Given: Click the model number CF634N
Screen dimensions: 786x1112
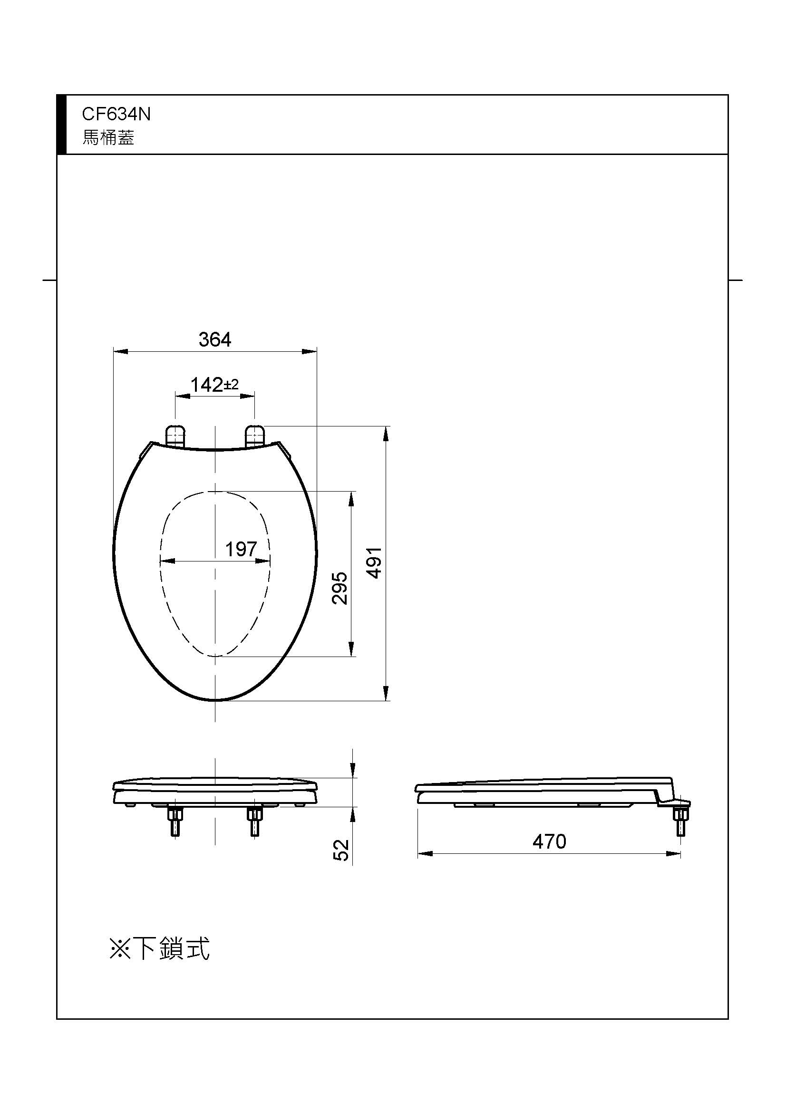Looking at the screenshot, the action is [x=116, y=114].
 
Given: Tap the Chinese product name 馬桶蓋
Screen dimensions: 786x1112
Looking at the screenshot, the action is [x=108, y=138].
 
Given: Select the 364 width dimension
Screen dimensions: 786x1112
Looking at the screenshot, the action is [x=215, y=339].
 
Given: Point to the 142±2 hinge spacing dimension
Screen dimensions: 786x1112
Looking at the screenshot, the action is [x=214, y=385].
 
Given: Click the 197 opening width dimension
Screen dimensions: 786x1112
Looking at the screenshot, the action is [x=241, y=549].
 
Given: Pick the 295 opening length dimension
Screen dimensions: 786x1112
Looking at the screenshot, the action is [x=340, y=588].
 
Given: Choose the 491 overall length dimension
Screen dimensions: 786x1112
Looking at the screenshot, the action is [x=374, y=563].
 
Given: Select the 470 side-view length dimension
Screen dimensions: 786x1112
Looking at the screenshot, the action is [x=549, y=842].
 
